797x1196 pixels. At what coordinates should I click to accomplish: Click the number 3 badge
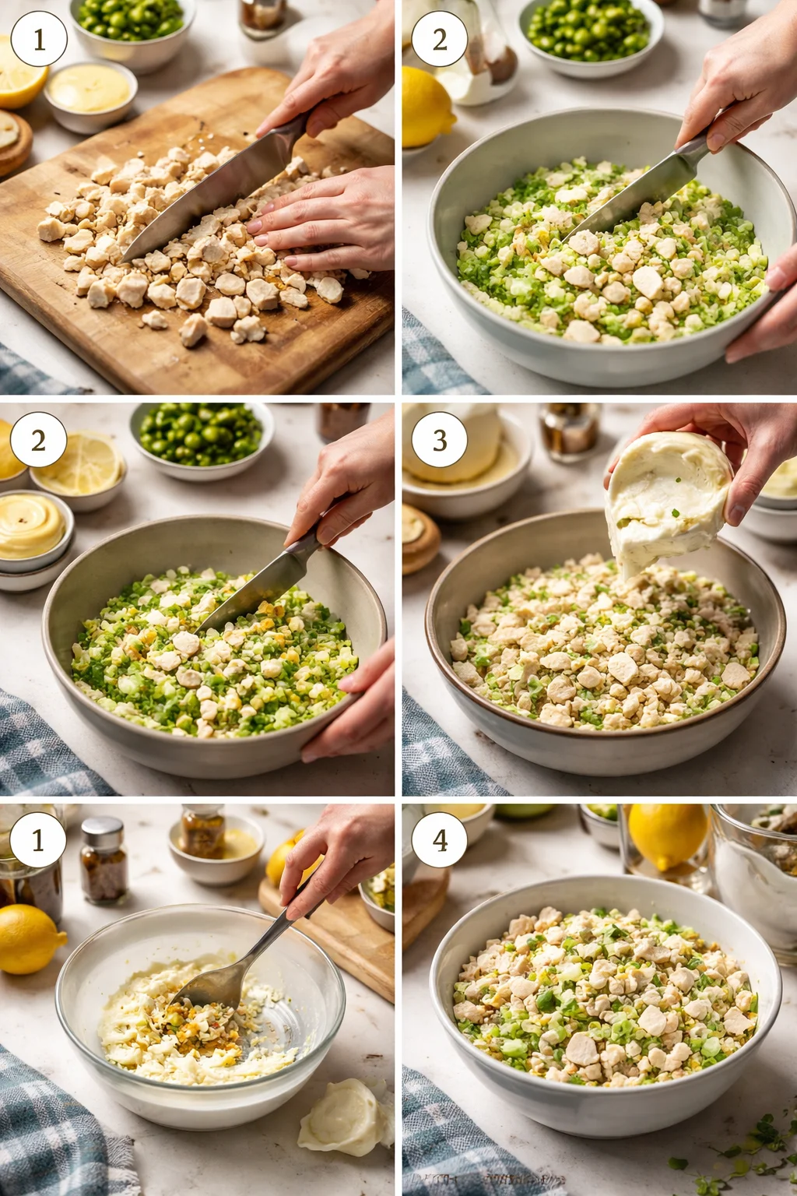coord(439,440)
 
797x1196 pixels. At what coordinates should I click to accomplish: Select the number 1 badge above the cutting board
coord(39,40)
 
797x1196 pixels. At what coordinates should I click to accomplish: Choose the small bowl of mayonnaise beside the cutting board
coord(90,95)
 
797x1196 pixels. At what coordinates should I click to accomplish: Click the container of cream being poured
coord(669,502)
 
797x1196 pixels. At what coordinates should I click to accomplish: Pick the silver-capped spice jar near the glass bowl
coord(104,860)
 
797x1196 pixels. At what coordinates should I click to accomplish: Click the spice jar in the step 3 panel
coord(569,431)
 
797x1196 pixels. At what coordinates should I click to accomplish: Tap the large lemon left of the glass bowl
coord(30,939)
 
